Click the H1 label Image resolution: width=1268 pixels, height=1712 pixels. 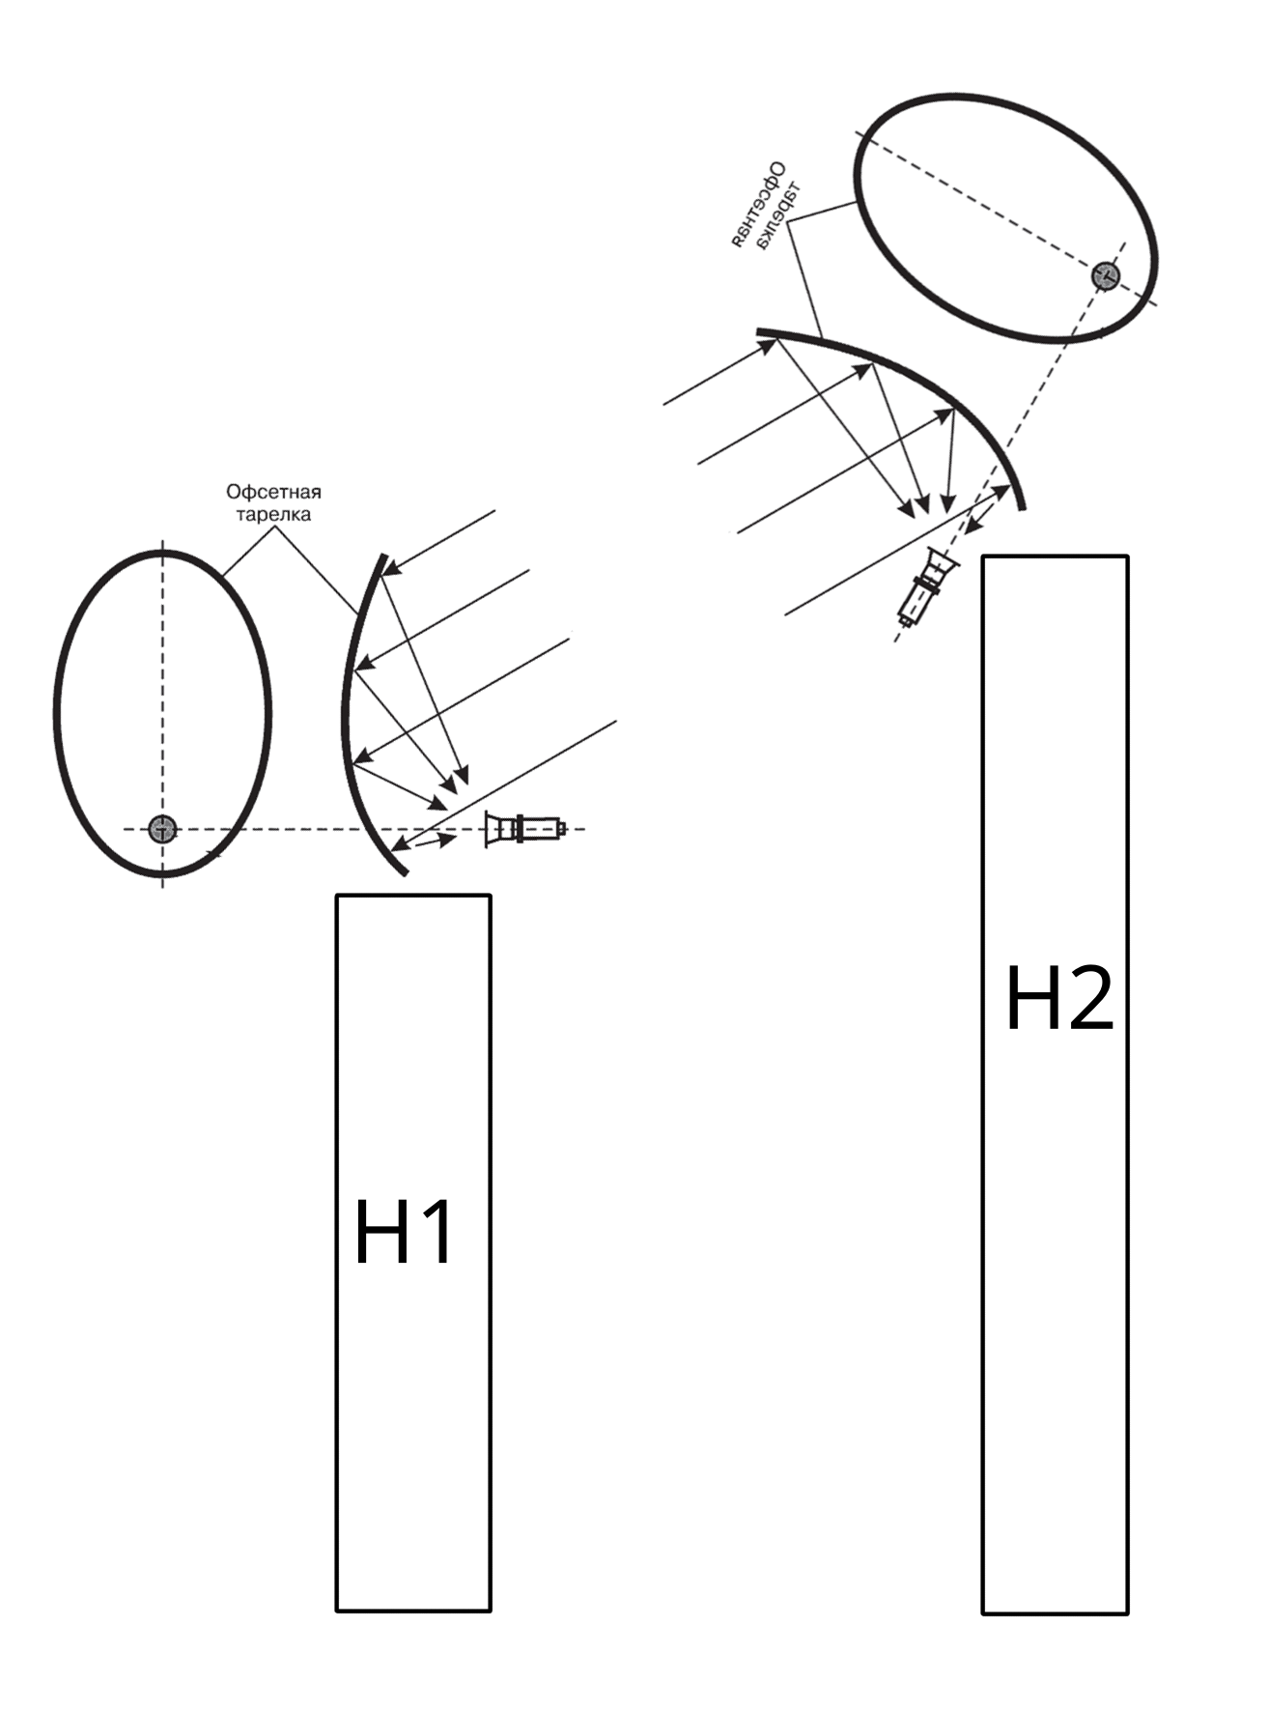[x=404, y=1232]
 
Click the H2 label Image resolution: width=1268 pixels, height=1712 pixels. [x=1059, y=999]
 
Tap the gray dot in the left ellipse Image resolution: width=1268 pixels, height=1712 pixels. [x=162, y=829]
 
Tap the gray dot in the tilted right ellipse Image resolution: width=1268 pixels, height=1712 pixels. [x=1106, y=275]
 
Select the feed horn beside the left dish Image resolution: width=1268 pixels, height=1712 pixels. [x=524, y=829]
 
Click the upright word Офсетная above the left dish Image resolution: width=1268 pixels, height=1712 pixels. [x=273, y=493]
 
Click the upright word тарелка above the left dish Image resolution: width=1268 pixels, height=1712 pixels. [x=273, y=514]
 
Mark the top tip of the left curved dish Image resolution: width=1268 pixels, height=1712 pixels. [x=385, y=556]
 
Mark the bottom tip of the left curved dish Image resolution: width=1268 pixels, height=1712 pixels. [x=406, y=872]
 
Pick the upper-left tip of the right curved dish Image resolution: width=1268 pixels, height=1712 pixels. [x=758, y=333]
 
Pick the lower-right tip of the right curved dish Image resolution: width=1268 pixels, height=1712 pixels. [x=1024, y=507]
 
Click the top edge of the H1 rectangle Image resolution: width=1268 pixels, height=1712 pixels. [x=413, y=896]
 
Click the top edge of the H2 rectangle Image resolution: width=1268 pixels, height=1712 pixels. [x=1055, y=556]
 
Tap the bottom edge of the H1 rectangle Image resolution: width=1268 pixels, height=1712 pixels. [x=413, y=1611]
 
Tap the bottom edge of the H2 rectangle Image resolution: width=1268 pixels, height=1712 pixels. [x=1055, y=1612]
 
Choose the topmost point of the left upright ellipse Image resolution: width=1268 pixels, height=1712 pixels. [x=162, y=552]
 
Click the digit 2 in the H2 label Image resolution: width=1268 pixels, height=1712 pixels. [x=1089, y=999]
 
